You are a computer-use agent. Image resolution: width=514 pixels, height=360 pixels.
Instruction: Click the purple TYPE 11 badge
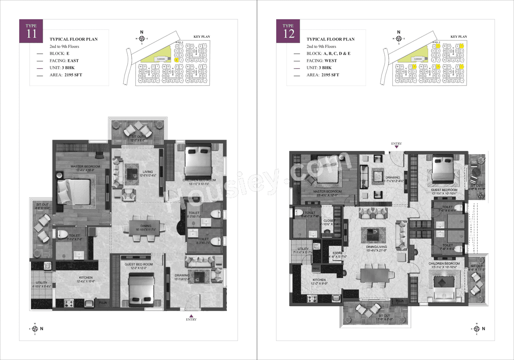click(x=31, y=31)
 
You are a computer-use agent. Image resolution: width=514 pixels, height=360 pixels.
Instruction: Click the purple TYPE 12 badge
click(x=288, y=31)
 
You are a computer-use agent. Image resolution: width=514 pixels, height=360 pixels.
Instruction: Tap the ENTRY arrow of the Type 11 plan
click(x=191, y=315)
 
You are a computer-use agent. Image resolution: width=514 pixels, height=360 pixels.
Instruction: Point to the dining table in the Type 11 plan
click(x=144, y=229)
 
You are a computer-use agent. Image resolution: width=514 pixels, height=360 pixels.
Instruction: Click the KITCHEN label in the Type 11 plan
click(x=86, y=278)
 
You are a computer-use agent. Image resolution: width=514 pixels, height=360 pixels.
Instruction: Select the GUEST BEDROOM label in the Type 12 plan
click(x=444, y=190)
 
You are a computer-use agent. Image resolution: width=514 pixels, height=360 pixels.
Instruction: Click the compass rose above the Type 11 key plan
click(x=141, y=39)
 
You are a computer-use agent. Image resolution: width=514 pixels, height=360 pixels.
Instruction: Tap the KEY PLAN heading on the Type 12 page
click(x=459, y=37)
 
